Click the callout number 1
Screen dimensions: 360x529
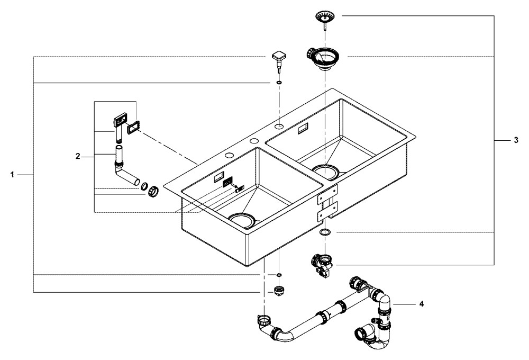pos(12,174)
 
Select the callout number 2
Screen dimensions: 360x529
pos(78,156)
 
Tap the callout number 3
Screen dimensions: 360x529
pos(516,140)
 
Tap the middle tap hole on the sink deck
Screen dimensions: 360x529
pos(254,141)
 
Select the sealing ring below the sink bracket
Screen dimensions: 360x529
pos(325,232)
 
